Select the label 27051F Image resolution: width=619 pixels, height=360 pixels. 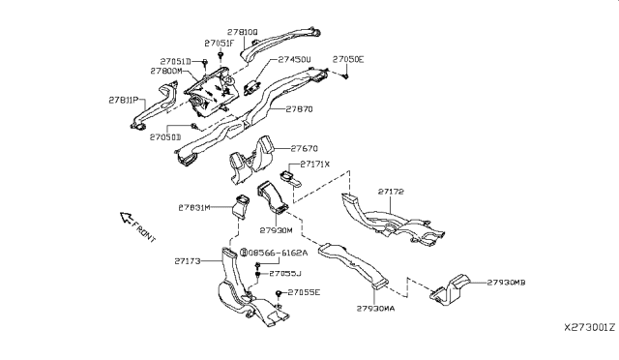click(x=219, y=44)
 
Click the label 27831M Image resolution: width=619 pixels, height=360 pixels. click(x=195, y=207)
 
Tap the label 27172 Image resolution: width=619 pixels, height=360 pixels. click(x=392, y=193)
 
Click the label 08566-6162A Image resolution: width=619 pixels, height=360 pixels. click(x=280, y=253)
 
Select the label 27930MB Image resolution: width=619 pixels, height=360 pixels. click(x=506, y=282)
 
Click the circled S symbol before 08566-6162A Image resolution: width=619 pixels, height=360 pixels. click(x=246, y=253)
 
